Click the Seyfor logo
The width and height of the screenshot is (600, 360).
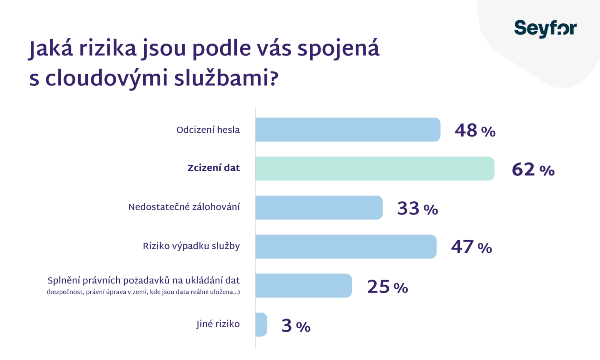click(545, 28)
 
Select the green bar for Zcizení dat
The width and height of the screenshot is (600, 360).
click(374, 169)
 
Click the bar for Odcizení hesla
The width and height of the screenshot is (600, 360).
click(348, 130)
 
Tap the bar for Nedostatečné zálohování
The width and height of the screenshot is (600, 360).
click(319, 207)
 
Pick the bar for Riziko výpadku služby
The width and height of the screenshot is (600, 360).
click(346, 246)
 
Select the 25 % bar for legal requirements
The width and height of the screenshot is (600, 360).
click(303, 285)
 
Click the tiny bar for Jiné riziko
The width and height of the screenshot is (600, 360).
click(261, 324)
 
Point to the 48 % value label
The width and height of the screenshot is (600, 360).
click(475, 130)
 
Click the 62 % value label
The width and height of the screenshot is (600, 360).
click(533, 169)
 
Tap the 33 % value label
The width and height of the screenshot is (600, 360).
click(417, 208)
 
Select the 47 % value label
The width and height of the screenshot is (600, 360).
click(471, 247)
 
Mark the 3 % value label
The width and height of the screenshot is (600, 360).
click(296, 325)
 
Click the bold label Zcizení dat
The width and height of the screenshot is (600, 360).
click(213, 168)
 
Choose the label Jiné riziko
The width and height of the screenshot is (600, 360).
click(218, 324)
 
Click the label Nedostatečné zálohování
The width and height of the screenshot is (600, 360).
click(184, 207)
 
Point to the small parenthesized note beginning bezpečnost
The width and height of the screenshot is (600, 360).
click(143, 292)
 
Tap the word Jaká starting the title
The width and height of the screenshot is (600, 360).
click(51, 49)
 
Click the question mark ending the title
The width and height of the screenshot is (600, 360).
click(274, 78)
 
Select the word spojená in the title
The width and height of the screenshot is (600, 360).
click(338, 49)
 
